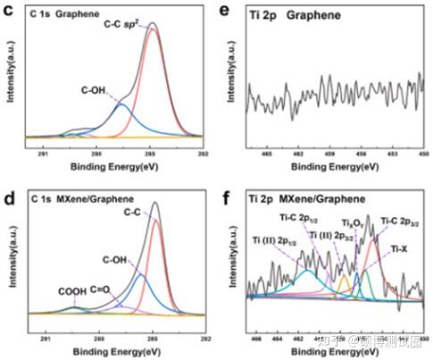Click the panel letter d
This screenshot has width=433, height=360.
coord(7,188)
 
